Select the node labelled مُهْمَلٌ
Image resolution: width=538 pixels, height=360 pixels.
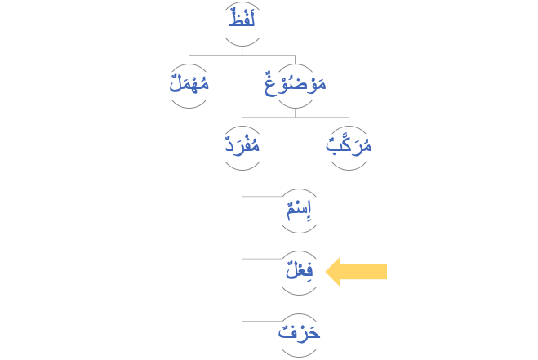[189, 84]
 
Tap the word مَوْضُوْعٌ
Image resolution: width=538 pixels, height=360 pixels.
[295, 84]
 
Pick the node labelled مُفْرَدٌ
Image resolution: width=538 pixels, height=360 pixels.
[242, 148]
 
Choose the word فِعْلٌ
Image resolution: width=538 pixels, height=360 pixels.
[299, 271]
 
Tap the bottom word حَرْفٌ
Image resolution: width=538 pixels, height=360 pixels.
[299, 332]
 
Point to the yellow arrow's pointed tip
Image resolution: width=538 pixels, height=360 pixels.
[327, 272]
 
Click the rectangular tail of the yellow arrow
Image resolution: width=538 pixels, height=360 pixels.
[371, 272]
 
